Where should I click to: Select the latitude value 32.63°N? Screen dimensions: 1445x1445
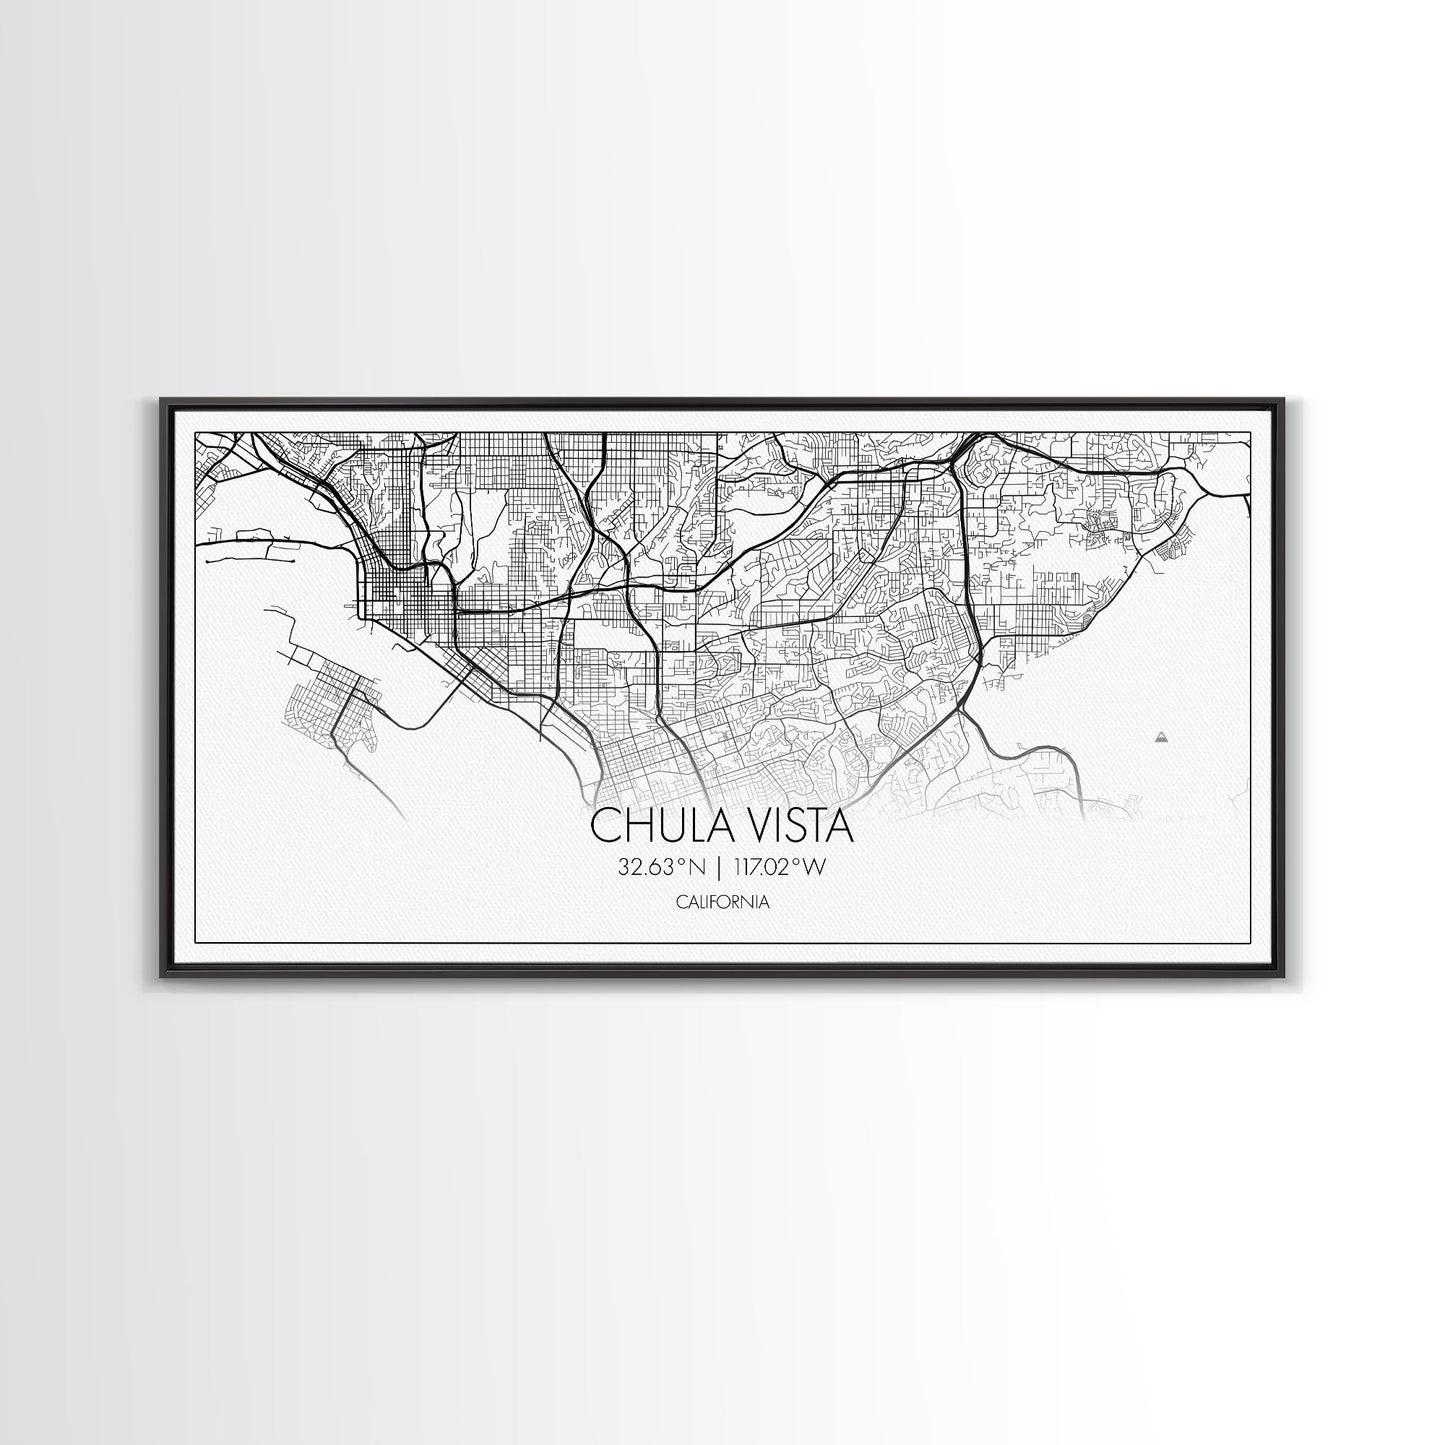(657, 868)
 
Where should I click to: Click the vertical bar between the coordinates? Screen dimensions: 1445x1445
(718, 868)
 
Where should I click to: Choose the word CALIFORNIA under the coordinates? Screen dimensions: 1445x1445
(722, 902)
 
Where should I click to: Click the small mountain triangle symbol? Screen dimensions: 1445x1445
(1160, 737)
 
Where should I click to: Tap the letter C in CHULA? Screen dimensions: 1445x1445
(604, 826)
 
